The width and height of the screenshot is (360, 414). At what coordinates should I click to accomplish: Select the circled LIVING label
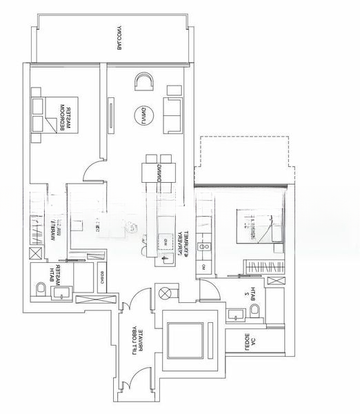pos(142,112)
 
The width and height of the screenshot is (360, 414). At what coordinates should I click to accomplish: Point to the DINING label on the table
pos(159,169)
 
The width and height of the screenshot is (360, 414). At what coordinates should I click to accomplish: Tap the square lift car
pos(186,339)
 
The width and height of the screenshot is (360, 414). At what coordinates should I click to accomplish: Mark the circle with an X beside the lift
pos(166,293)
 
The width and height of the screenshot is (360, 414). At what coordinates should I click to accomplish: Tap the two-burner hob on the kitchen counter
pos(204,246)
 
